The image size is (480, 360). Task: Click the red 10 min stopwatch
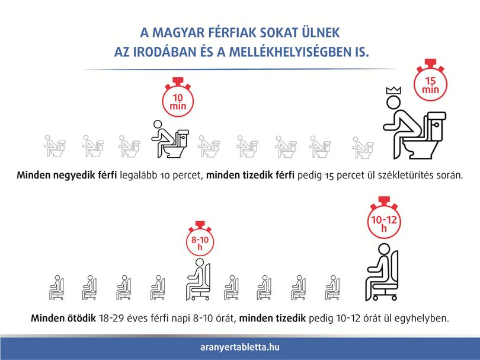(178, 97)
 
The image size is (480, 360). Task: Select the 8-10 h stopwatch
(200, 239)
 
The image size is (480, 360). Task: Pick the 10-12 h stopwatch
(384, 218)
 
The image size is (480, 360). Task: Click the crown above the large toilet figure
(393, 90)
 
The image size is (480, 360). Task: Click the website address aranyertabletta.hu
(239, 347)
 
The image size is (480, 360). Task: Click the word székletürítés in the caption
(407, 175)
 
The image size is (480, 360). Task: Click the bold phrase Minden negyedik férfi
(67, 175)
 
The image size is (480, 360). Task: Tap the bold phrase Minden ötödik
(63, 318)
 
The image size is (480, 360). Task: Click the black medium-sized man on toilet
(170, 139)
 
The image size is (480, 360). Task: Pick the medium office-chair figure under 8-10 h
(199, 279)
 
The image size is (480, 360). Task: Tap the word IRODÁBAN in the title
(164, 52)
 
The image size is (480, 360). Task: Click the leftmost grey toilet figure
(55, 146)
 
